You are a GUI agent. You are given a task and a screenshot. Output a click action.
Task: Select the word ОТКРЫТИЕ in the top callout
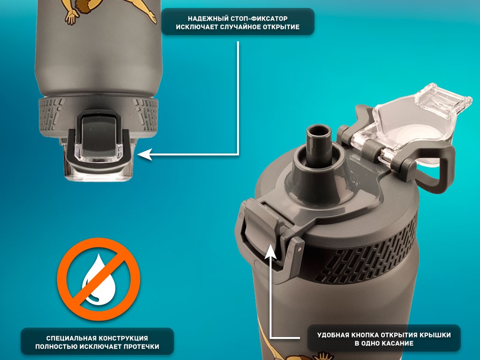280,27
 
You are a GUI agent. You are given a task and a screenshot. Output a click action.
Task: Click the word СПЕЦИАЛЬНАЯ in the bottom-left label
71,338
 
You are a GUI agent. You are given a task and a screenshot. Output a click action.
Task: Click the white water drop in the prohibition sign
98,279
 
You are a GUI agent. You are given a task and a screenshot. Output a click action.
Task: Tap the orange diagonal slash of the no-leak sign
98,279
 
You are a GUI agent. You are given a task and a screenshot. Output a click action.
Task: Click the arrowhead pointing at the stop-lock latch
144,155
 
